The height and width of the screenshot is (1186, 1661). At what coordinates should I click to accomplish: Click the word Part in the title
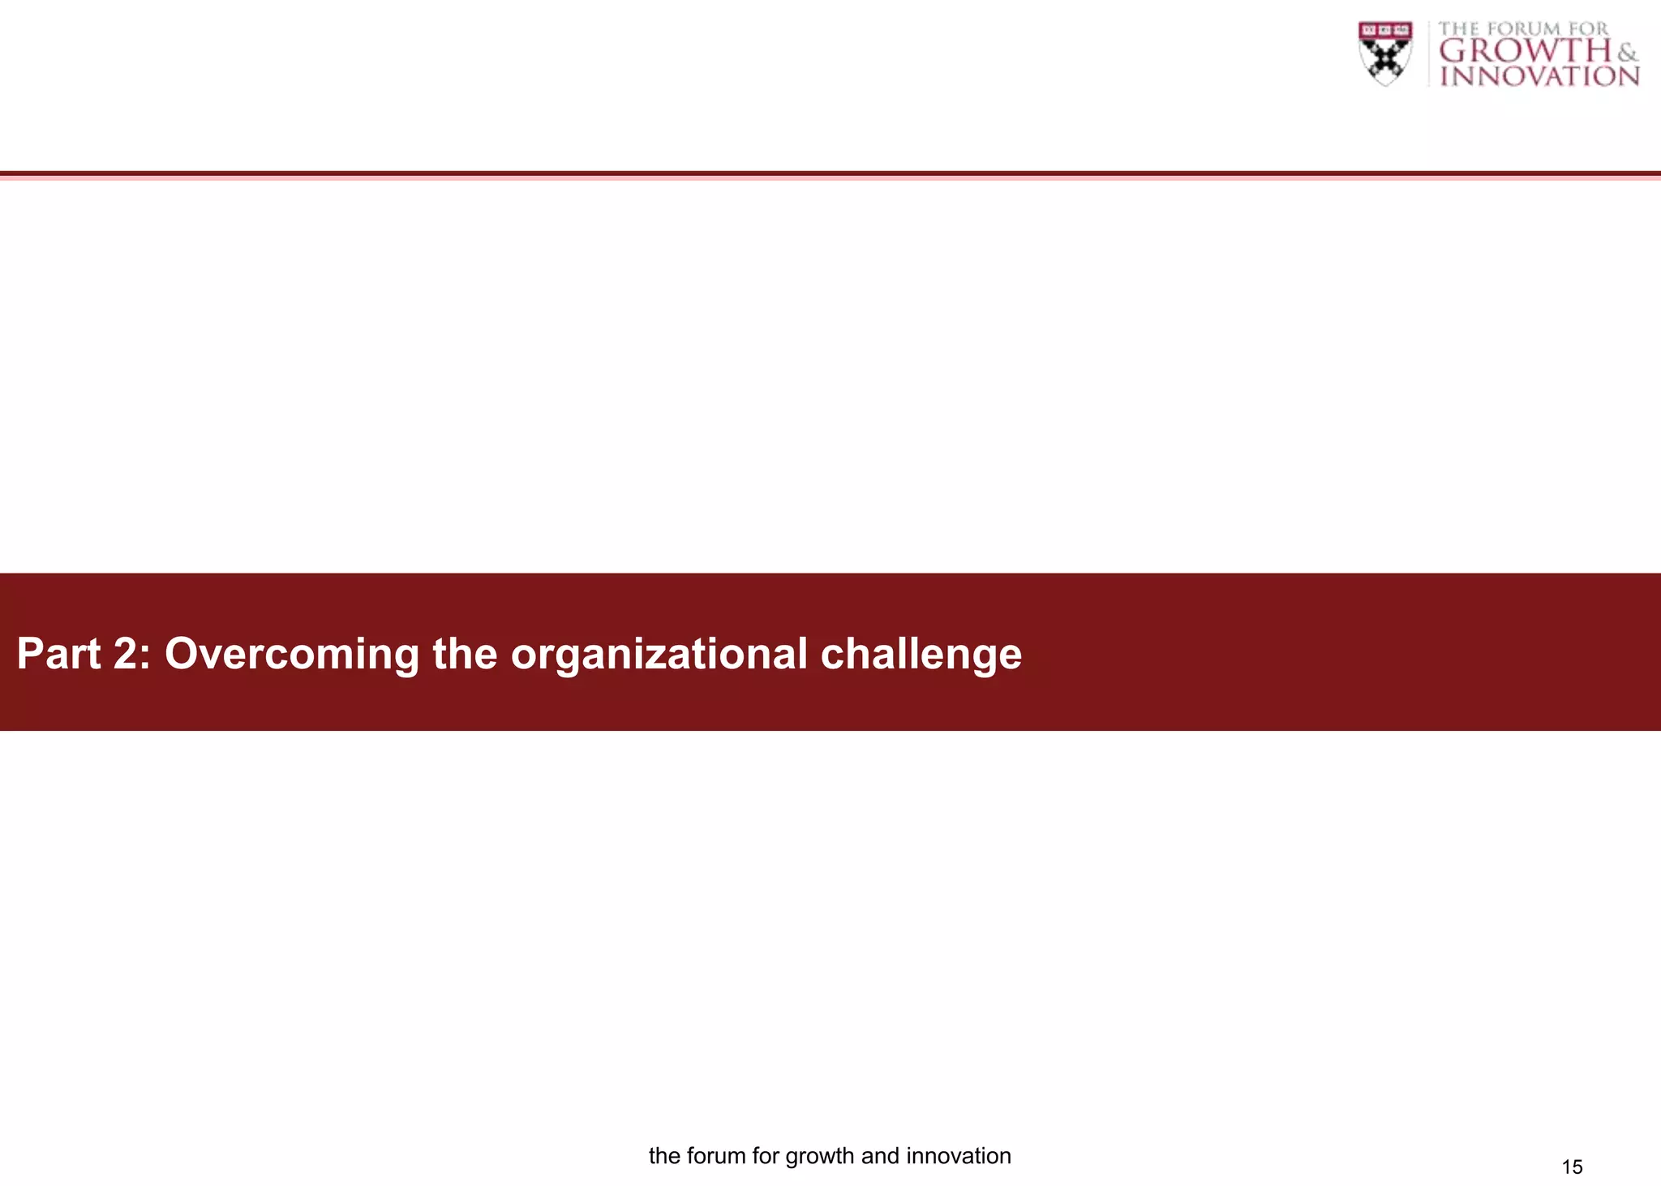[x=58, y=654]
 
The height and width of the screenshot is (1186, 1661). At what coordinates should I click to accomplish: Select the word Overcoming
[x=292, y=654]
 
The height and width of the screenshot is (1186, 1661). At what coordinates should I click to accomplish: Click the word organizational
[x=659, y=654]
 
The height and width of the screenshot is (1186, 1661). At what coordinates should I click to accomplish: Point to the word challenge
[x=921, y=654]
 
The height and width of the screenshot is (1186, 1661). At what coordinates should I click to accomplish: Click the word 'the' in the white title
[x=464, y=654]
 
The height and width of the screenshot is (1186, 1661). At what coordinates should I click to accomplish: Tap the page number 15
[x=1572, y=1167]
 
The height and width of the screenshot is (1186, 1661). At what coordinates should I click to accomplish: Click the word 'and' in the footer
[x=880, y=1156]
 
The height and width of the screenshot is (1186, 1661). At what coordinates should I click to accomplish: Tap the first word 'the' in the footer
[x=664, y=1156]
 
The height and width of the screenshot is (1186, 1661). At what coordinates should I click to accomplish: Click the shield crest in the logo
[x=1385, y=54]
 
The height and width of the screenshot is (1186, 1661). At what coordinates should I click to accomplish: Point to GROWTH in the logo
[x=1525, y=51]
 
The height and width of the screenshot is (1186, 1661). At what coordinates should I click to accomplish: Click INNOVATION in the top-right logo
[x=1539, y=76]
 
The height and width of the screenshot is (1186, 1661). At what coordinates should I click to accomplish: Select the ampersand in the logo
[x=1627, y=54]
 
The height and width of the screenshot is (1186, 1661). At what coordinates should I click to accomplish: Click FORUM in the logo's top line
[x=1523, y=29]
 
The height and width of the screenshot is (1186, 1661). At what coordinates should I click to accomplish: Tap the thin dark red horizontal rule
[x=830, y=174]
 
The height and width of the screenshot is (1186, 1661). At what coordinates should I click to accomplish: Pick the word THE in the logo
[x=1458, y=29]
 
